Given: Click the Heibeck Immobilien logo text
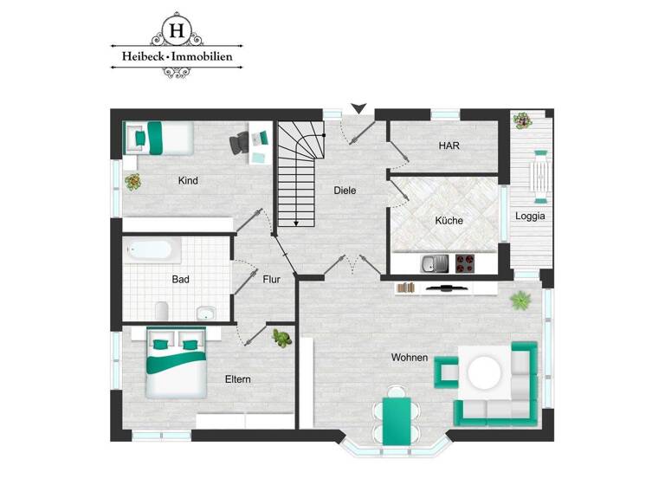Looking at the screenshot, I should tap(177, 58).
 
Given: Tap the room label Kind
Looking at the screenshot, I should tap(188, 181).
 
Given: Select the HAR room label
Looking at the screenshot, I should tap(449, 146).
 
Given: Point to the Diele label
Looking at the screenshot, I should tap(345, 191).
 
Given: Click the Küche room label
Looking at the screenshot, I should tap(449, 221).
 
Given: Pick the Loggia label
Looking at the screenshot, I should tap(530, 217).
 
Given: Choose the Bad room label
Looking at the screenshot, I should tap(180, 280).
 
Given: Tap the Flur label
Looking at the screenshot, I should tap(272, 280).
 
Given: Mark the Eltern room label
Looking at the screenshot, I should tap(237, 379).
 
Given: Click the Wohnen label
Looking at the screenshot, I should tap(410, 358).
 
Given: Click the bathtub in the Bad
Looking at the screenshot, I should tap(151, 251).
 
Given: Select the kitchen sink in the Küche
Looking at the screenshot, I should tap(431, 263).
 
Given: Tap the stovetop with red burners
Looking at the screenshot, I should tap(463, 263).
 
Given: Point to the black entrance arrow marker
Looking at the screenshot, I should tap(358, 108).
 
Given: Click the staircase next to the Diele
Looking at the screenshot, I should tap(300, 173).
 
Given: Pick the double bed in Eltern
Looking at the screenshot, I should tap(176, 363).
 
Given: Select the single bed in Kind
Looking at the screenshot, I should tap(158, 136).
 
